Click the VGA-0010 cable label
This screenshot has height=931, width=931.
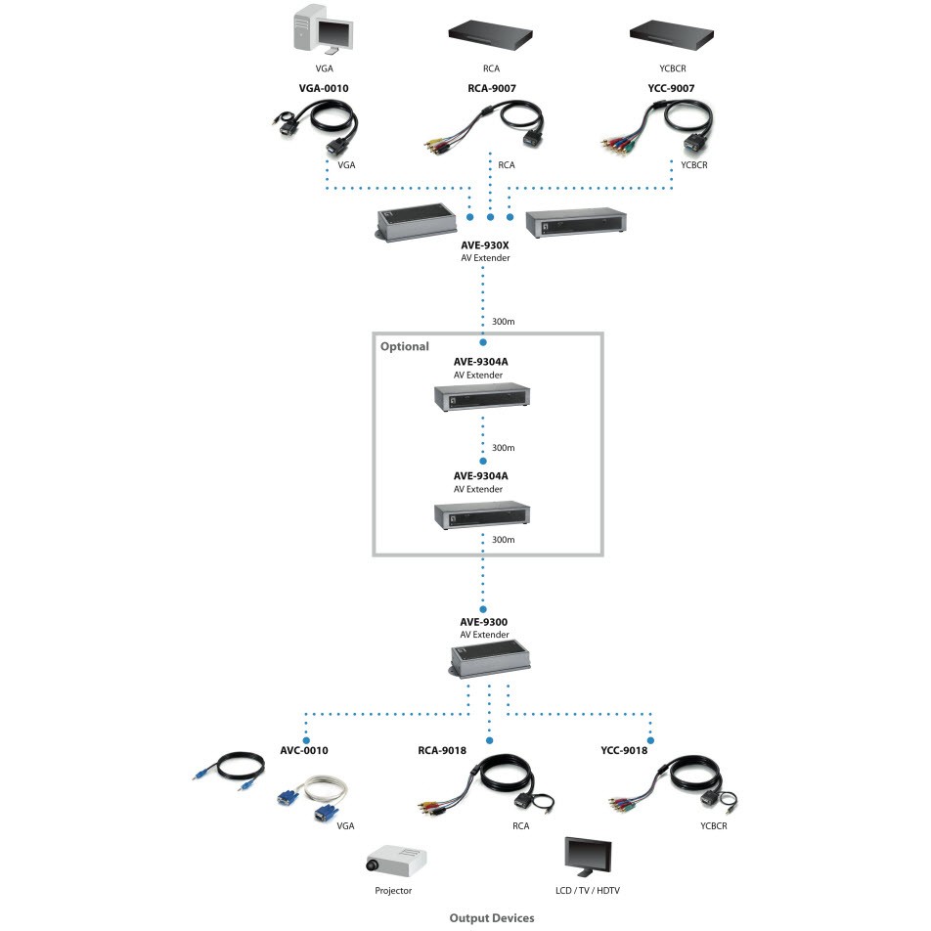click(x=324, y=88)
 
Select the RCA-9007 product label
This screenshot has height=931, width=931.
click(x=492, y=88)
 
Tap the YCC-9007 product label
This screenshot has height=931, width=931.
click(x=671, y=88)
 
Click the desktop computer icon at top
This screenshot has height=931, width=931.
click(x=323, y=28)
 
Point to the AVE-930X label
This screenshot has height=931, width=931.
click(x=484, y=245)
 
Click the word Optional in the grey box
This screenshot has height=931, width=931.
click(x=404, y=346)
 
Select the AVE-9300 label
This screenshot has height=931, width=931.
click(x=484, y=622)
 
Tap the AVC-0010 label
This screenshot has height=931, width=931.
click(x=304, y=750)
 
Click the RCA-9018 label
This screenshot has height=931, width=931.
click(x=442, y=750)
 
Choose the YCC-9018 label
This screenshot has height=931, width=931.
click(x=624, y=750)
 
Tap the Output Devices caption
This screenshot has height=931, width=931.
click(x=492, y=918)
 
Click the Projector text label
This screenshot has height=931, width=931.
click(x=393, y=891)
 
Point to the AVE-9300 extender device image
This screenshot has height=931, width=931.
click(x=489, y=659)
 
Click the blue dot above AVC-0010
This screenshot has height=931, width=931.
click(x=306, y=740)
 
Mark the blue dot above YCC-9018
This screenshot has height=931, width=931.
click(x=650, y=740)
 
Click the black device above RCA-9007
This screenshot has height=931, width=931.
click(x=491, y=36)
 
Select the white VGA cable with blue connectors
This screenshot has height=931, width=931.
click(x=314, y=798)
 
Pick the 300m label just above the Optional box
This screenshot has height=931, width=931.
click(x=503, y=322)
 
